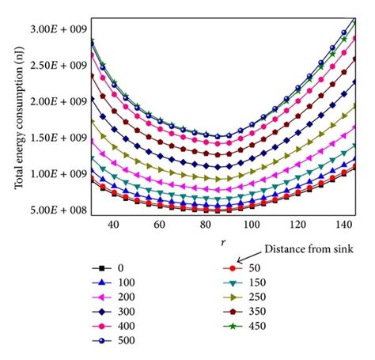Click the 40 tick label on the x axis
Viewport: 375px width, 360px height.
point(114,225)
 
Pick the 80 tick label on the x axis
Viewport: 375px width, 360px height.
point(204,225)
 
